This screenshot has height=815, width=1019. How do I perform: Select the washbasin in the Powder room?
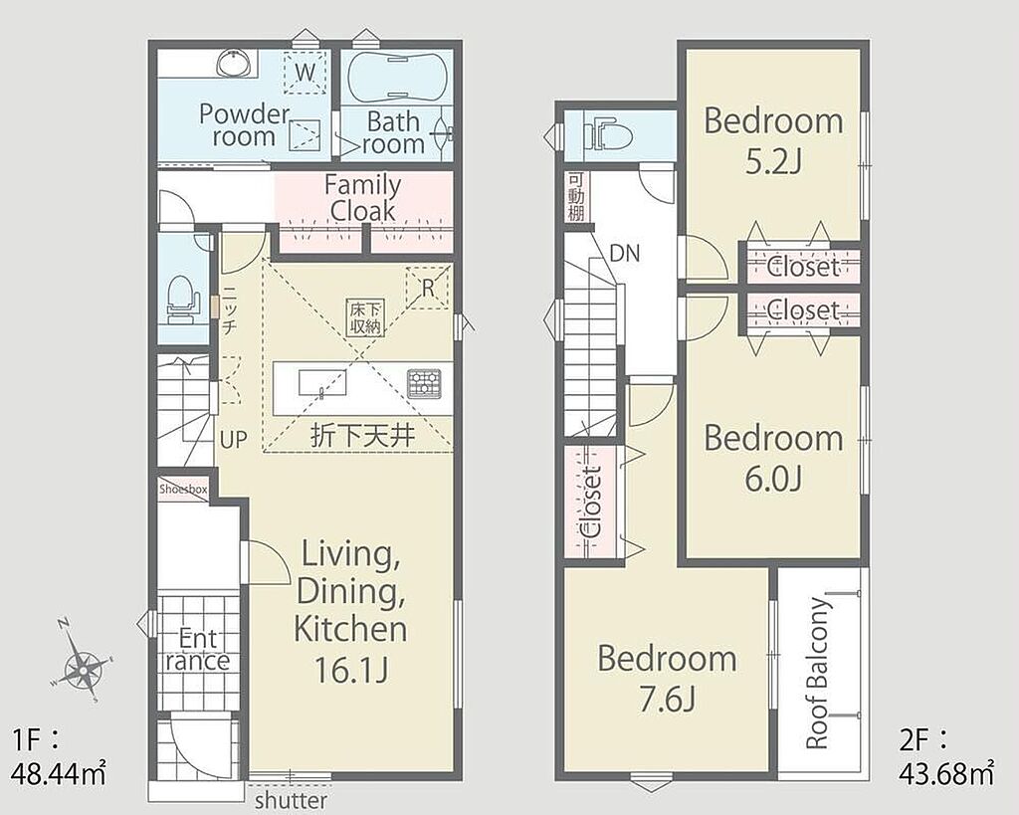click(234, 63)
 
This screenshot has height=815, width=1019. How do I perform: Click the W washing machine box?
click(305, 71)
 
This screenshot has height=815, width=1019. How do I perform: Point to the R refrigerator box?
click(427, 287)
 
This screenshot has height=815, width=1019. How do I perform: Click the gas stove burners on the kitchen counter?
click(424, 383)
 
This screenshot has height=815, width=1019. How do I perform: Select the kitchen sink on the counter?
click(321, 382)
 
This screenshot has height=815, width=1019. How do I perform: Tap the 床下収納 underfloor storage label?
click(365, 317)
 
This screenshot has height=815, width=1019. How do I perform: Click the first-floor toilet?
click(181, 299)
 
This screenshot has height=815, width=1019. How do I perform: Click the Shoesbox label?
click(183, 489)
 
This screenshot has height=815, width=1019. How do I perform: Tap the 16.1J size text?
click(351, 670)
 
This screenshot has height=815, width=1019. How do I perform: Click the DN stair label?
click(625, 253)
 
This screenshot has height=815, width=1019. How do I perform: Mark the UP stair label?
click(233, 440)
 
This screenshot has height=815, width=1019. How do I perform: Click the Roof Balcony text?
click(818, 674)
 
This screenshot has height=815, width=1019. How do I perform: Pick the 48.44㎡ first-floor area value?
click(59, 774)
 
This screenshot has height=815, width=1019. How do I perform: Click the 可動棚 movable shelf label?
click(576, 196)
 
